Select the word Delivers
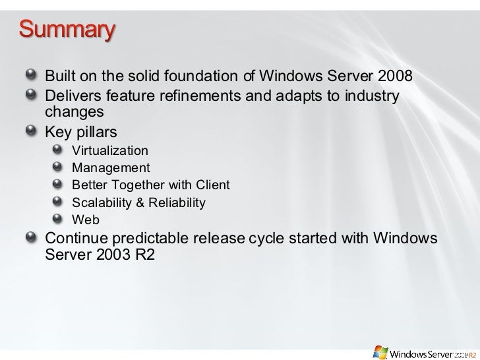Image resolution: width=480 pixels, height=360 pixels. click(x=71, y=97)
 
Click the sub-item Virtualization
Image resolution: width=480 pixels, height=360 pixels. click(x=109, y=151)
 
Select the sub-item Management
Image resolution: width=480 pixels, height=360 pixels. click(x=110, y=167)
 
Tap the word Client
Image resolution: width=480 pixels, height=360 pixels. click(x=213, y=185)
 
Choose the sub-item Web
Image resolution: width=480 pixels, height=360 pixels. click(x=85, y=220)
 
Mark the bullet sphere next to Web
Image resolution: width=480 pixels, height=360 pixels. click(x=60, y=218)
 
